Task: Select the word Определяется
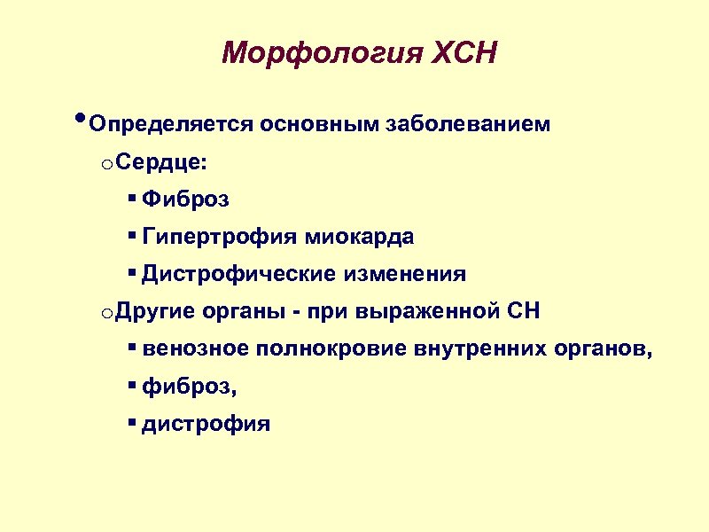171,123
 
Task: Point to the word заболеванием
467,123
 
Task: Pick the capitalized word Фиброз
185,199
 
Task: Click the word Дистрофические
234,274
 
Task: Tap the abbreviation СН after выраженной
524,312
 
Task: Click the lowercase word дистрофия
206,424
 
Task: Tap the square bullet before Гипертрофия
131,236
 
